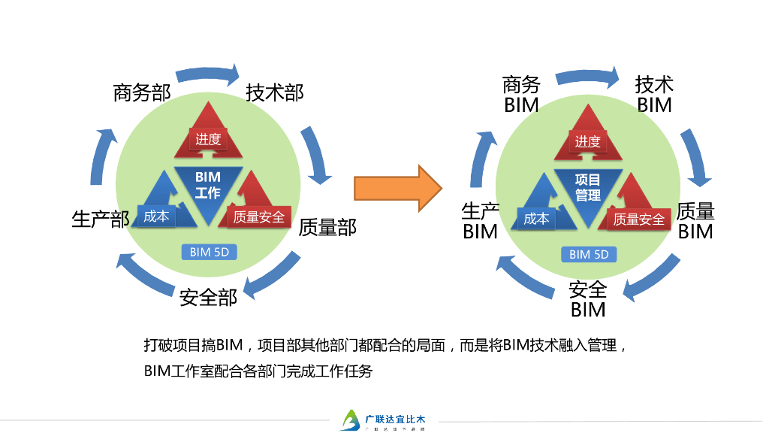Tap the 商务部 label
142,92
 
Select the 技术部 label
275,92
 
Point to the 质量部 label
327,227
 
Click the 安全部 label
208,298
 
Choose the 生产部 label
101,220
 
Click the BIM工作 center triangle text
208,184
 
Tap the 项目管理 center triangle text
588,187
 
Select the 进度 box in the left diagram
208,139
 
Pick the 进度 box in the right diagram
588,141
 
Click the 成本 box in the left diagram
156,216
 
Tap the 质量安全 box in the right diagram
639,219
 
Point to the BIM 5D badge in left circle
210,252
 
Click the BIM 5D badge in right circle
590,254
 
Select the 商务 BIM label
521,95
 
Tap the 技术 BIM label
654,94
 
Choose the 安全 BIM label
588,299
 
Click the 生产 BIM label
481,221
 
